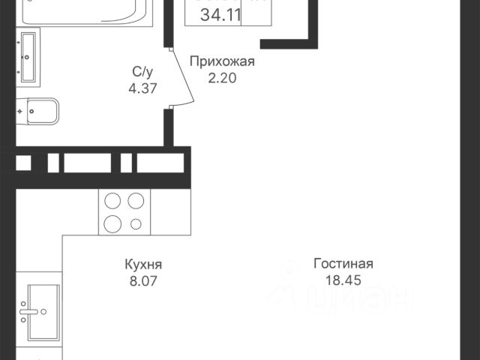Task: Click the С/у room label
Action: [x=143, y=72]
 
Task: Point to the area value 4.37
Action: [x=143, y=87]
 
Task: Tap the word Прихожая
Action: [x=222, y=61]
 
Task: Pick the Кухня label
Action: [x=143, y=265]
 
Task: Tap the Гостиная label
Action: [x=343, y=264]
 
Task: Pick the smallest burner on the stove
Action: [x=136, y=223]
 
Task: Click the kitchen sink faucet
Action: [x=27, y=309]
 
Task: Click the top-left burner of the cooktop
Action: [x=112, y=201]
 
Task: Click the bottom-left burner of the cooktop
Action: [x=112, y=223]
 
